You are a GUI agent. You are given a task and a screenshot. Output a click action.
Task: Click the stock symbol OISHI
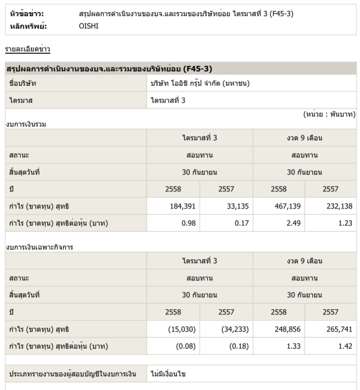[88, 26]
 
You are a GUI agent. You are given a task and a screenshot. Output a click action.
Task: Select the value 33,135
[235, 206]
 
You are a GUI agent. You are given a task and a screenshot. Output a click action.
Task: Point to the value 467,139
[287, 206]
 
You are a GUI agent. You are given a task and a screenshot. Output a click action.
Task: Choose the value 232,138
[339, 206]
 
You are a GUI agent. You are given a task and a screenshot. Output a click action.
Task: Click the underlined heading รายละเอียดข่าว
[28, 50]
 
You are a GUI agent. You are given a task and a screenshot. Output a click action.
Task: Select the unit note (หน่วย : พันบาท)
[329, 115]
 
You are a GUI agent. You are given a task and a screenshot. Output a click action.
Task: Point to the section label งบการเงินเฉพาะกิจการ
[40, 247]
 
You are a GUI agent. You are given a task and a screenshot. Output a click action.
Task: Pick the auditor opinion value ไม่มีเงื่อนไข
[170, 374]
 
